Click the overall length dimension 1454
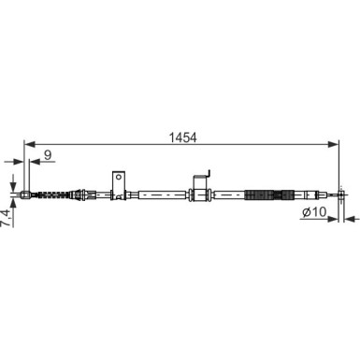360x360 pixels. tap(182, 137)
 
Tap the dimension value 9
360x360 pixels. tap(48, 155)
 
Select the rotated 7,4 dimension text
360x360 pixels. tap(6, 219)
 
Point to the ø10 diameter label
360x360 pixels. tap(314, 212)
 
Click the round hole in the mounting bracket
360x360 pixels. tap(118, 177)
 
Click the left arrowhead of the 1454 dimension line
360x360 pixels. tap(29, 144)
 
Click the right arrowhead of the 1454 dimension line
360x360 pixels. tap(333, 144)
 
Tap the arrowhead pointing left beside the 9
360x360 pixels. tap(35, 162)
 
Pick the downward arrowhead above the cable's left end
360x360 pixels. tap(13, 186)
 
